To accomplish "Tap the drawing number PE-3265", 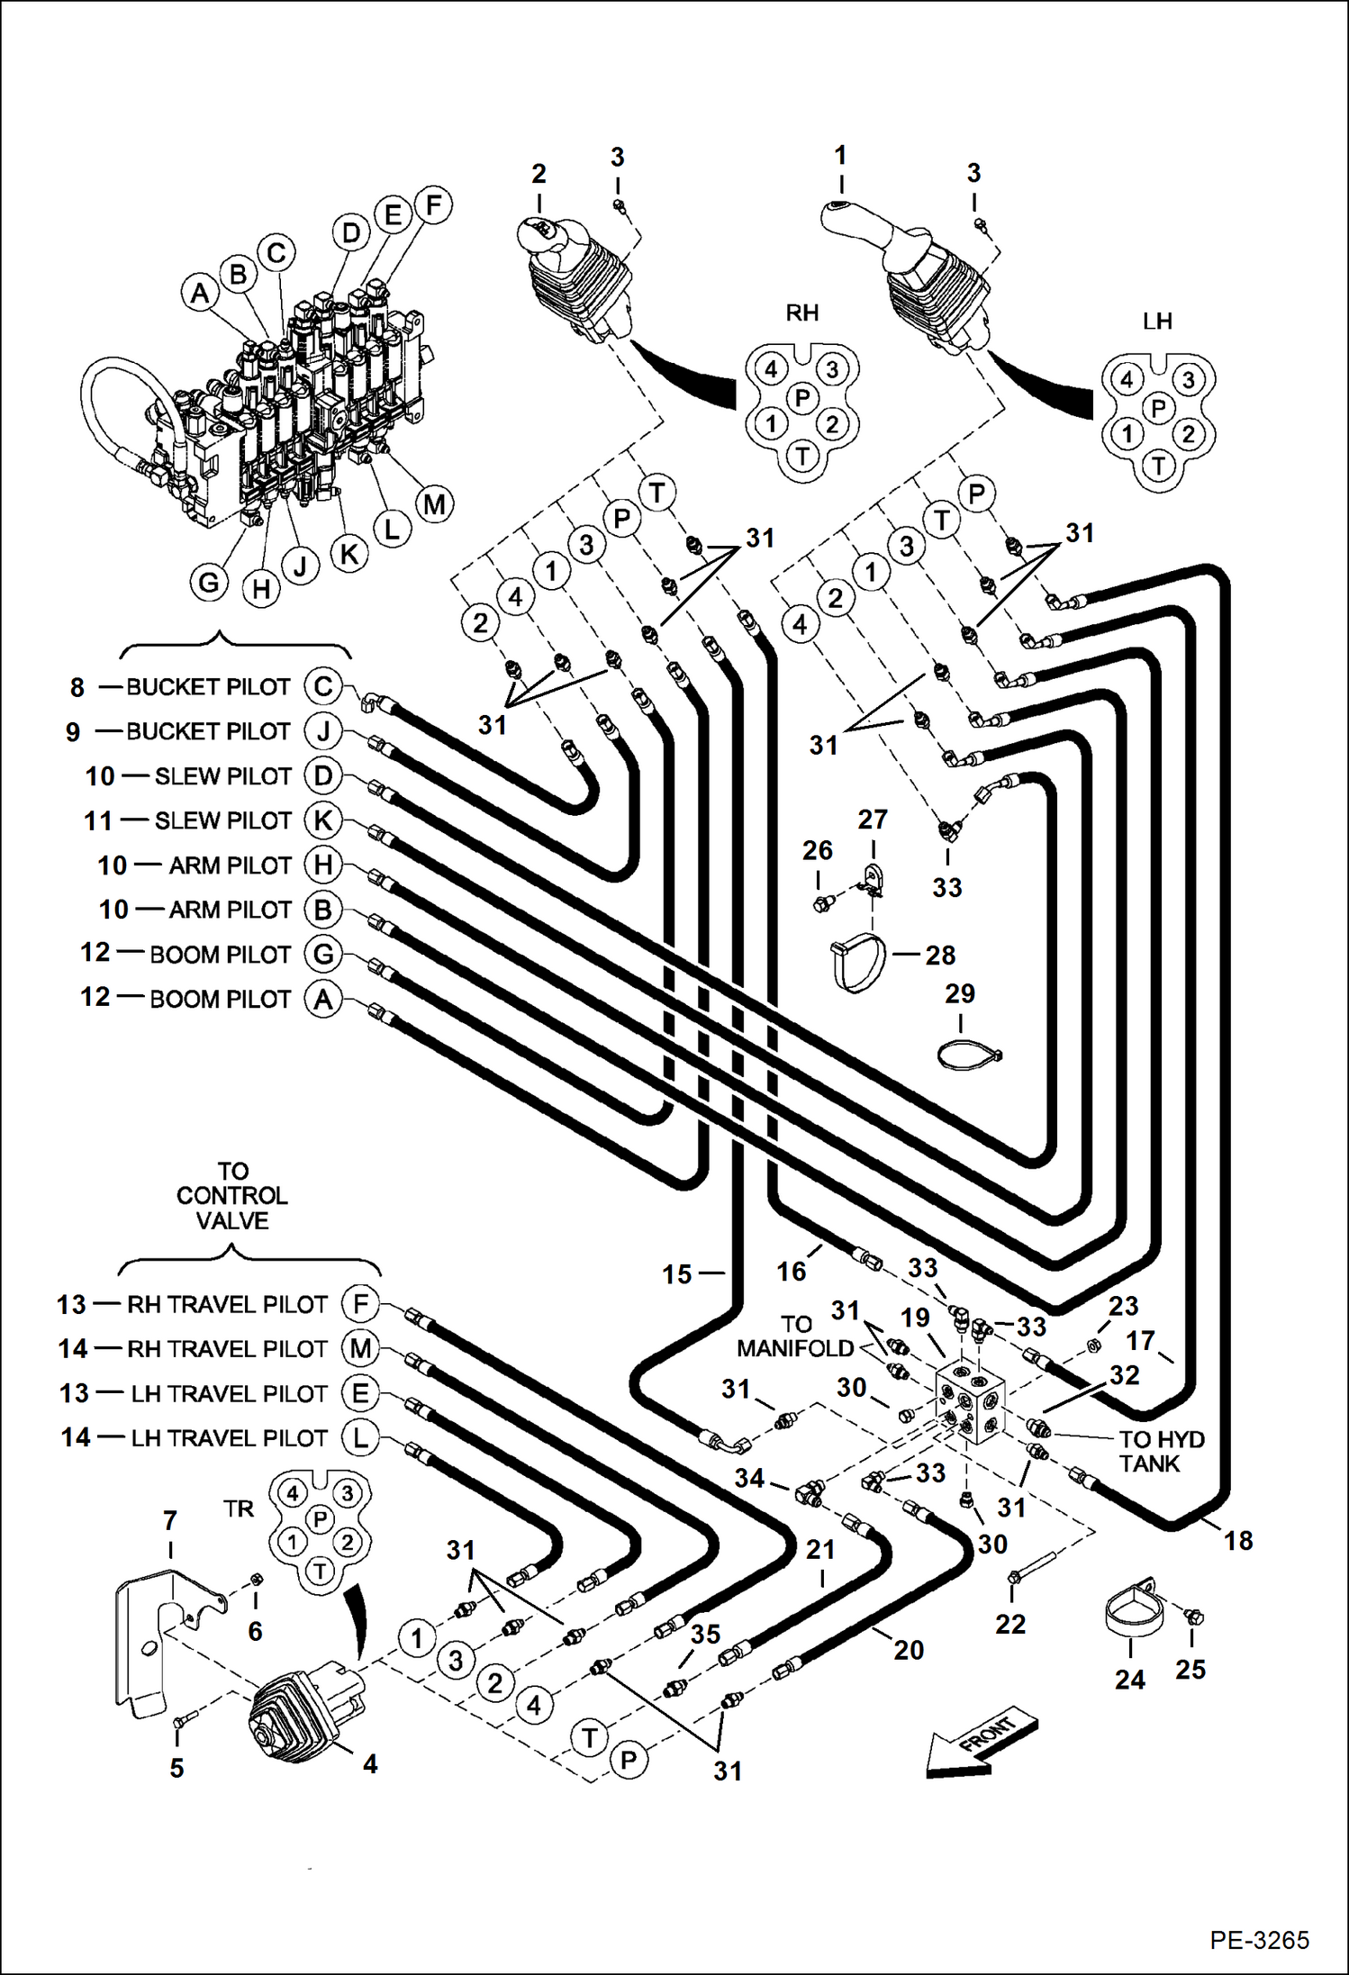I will pos(1258,1939).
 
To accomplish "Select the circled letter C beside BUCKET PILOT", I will pos(323,686).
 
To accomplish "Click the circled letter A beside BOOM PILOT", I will pos(323,999).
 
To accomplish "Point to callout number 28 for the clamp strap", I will pos(940,955).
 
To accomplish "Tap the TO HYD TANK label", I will pos(1161,1452).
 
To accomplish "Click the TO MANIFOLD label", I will pos(794,1336).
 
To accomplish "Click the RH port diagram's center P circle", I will pos(801,397).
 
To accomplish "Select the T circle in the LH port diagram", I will pos(1158,467).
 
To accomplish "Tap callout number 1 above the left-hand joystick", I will pos(840,156).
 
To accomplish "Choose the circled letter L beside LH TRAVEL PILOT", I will pos(360,1437).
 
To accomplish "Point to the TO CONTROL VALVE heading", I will pos(232,1196).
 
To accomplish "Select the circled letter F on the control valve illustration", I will pos(433,205).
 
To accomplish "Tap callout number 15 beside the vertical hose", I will pos(677,1274).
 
